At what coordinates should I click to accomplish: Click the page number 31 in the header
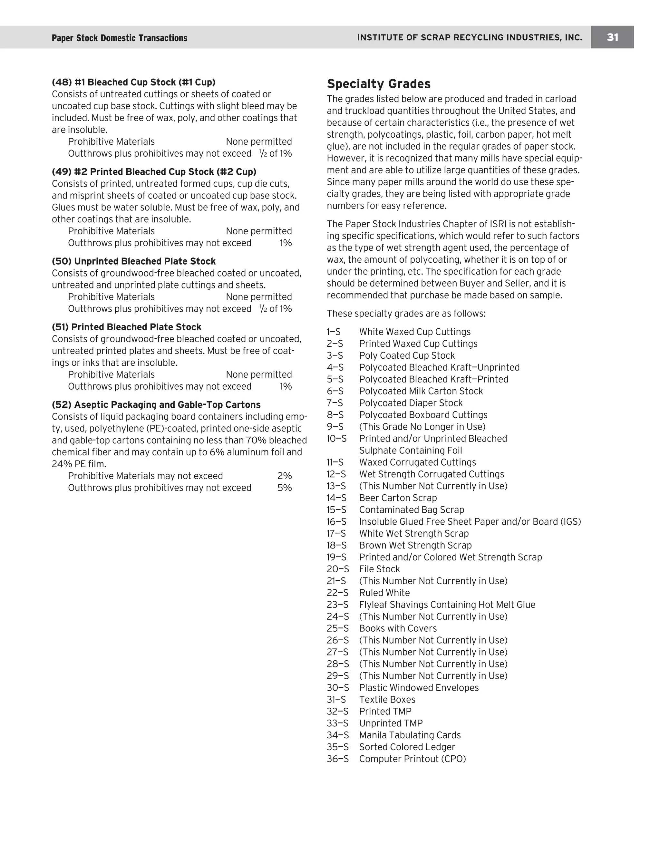[x=612, y=37]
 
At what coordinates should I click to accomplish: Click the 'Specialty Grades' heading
[x=378, y=84]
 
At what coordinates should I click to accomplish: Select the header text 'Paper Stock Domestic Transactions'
[x=119, y=38]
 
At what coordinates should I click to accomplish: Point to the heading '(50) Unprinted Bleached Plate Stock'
[x=133, y=261]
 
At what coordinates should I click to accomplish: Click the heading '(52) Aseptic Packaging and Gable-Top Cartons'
[x=156, y=404]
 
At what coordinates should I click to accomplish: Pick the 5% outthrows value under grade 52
[x=284, y=488]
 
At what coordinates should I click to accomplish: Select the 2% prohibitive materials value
[x=284, y=476]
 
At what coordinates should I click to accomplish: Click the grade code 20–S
[x=337, y=569]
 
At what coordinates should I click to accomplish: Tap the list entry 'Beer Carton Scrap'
[x=398, y=498]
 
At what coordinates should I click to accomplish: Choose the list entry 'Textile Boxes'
[x=387, y=700]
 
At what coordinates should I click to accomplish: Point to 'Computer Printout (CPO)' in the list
[x=412, y=759]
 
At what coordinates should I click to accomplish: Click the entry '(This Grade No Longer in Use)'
[x=422, y=427]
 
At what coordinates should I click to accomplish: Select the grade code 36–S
[x=337, y=759]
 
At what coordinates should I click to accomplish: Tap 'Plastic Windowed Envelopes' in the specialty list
[x=418, y=688]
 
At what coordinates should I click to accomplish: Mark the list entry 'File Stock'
[x=379, y=569]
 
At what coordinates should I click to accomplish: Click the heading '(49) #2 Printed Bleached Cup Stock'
[x=154, y=172]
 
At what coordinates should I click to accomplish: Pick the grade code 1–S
[x=334, y=332]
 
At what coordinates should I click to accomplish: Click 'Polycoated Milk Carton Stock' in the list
[x=421, y=391]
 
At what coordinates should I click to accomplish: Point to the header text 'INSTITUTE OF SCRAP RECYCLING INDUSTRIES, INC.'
[x=469, y=37]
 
